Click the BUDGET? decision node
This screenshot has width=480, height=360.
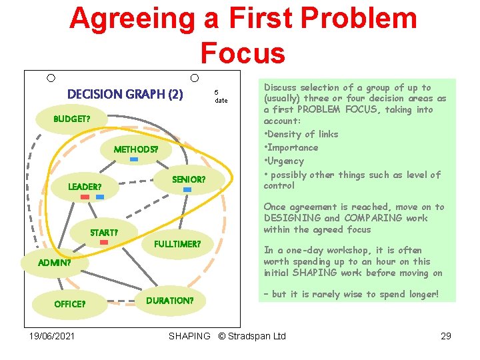click(x=72, y=119)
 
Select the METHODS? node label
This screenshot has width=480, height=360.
click(x=136, y=149)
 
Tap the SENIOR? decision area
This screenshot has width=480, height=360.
click(x=189, y=180)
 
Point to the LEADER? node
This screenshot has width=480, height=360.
click(x=85, y=187)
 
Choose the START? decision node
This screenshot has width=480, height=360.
click(x=104, y=233)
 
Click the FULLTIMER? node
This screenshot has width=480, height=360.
click(x=177, y=244)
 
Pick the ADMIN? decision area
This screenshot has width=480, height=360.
click(x=55, y=263)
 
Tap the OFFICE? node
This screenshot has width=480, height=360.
click(x=69, y=304)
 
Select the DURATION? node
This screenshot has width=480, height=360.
click(x=171, y=301)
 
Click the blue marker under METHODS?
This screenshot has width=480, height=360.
click(x=134, y=160)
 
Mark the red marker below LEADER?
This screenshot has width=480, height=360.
click(x=85, y=197)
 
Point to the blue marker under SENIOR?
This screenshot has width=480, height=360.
click(x=187, y=190)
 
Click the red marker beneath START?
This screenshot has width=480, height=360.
click(x=103, y=243)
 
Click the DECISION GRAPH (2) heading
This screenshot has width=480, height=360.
click(x=125, y=94)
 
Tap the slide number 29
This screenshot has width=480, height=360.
click(x=446, y=336)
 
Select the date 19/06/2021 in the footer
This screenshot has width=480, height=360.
click(x=52, y=336)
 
